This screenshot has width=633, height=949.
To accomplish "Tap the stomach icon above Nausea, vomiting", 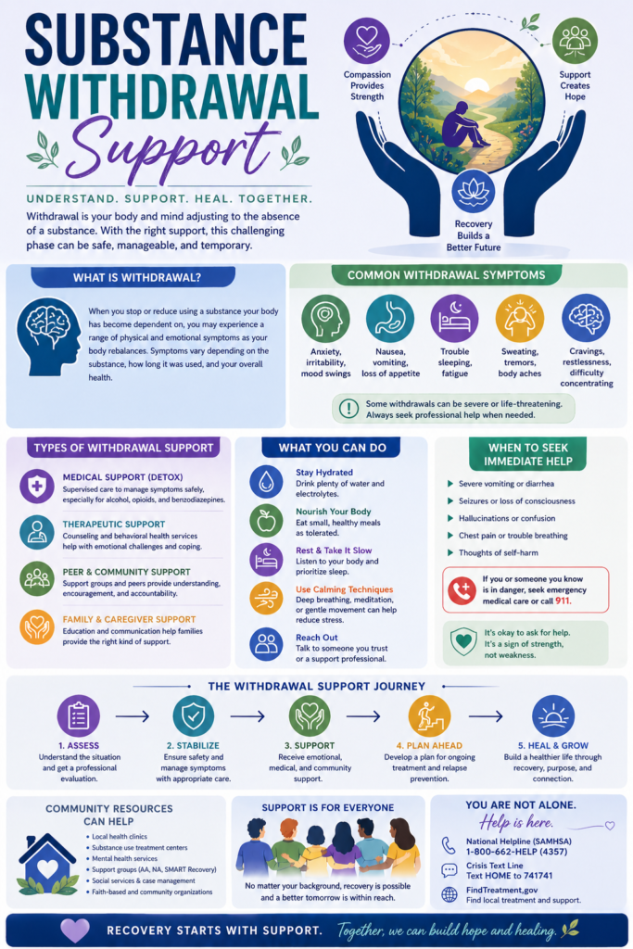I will click(389, 319).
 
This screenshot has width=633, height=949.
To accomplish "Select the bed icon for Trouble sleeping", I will click(454, 319).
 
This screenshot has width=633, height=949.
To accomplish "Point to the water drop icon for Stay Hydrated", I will click(266, 480).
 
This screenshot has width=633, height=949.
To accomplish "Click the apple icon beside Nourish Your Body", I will click(266, 520).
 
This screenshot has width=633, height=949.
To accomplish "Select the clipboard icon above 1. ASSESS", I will click(78, 715).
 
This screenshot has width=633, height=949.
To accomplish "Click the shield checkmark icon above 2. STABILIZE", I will click(193, 715).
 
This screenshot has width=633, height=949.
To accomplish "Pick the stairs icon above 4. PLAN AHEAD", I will click(429, 715).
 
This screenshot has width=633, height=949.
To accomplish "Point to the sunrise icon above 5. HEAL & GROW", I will click(552, 715).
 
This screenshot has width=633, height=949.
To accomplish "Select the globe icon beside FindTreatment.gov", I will click(449, 894).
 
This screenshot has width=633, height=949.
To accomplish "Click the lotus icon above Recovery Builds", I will click(473, 189).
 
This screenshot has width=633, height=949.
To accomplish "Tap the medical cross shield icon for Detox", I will click(36, 486).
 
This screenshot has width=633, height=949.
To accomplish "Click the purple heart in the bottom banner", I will click(74, 930).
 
